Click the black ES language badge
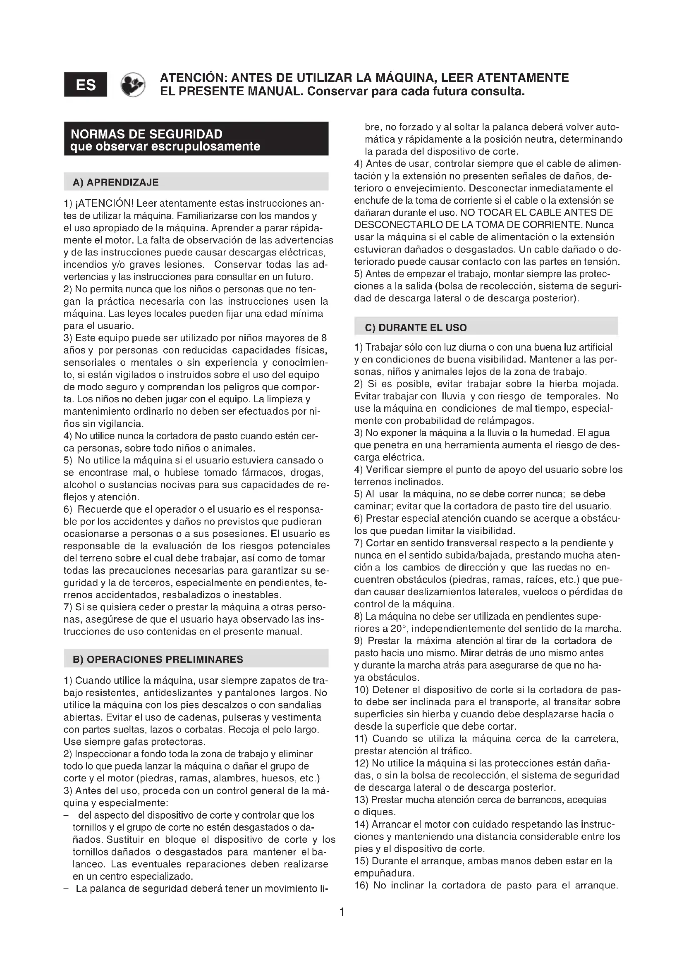click(x=86, y=85)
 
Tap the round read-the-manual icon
click(x=133, y=85)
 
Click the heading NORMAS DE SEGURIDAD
click(x=146, y=134)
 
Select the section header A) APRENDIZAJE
click(x=116, y=182)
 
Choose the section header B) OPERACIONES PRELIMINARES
click(x=158, y=659)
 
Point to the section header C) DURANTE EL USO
click(x=416, y=328)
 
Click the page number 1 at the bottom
click(x=342, y=912)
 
